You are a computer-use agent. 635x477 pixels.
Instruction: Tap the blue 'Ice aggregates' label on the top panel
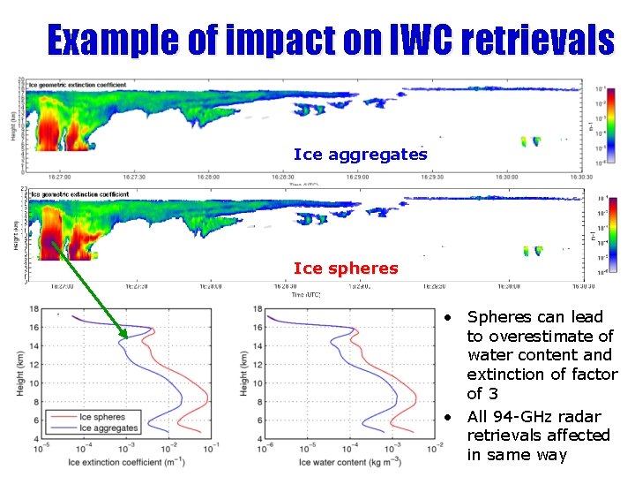click(x=360, y=155)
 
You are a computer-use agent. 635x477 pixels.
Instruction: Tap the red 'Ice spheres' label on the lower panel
click(x=346, y=268)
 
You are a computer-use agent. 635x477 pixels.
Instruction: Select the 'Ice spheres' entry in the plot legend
click(x=101, y=417)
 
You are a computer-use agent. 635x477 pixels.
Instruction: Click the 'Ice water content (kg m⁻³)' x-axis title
click(x=347, y=463)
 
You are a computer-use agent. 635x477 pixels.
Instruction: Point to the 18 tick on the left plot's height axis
click(x=33, y=308)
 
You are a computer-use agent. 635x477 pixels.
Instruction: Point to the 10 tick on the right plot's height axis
click(x=257, y=382)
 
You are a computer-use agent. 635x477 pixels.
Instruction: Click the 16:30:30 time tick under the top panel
click(x=577, y=178)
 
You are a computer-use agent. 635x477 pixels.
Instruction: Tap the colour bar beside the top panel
click(x=612, y=125)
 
